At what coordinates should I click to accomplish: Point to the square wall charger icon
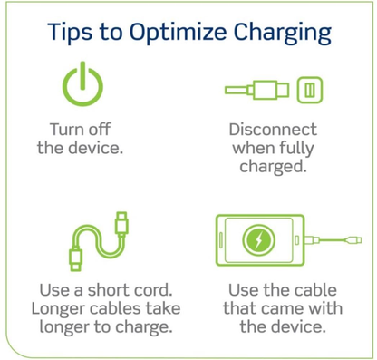point(310,91)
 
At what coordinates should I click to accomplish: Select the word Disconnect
point(273,129)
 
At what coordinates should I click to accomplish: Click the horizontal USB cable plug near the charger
point(269,91)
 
